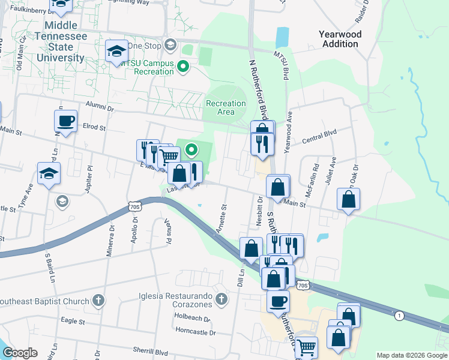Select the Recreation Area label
[226, 107]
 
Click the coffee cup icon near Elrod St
[66, 121]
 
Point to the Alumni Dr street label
[99, 109]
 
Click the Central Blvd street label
[319, 136]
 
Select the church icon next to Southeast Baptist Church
[99, 299]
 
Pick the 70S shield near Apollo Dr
[135, 206]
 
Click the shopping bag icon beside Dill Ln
[252, 247]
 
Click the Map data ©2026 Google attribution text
[411, 355]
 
